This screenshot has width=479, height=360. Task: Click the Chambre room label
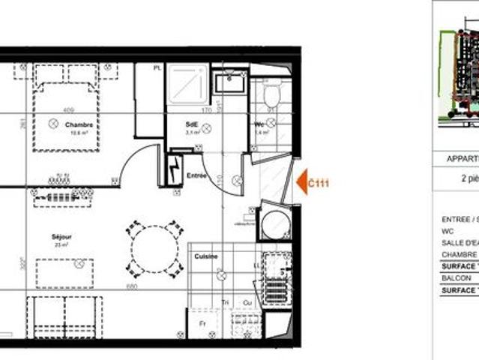pyautogui.click(x=79, y=124)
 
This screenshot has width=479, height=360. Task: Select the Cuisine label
pyautogui.click(x=206, y=256)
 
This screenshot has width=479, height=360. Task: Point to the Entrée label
pyautogui.click(x=196, y=175)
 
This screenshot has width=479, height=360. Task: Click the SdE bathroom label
pyautogui.click(x=192, y=124)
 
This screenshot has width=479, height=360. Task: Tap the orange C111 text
pyautogui.click(x=319, y=182)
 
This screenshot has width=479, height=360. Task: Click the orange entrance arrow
pyautogui.click(x=302, y=182)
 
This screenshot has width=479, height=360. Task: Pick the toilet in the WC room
pyautogui.click(x=271, y=96)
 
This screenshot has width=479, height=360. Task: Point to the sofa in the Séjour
pyautogui.click(x=64, y=316)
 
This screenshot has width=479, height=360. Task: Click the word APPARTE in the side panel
pyautogui.click(x=462, y=159)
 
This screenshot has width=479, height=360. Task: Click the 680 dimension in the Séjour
pyautogui.click(x=132, y=286)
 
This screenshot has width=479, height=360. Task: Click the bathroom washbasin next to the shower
pyautogui.click(x=229, y=81)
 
